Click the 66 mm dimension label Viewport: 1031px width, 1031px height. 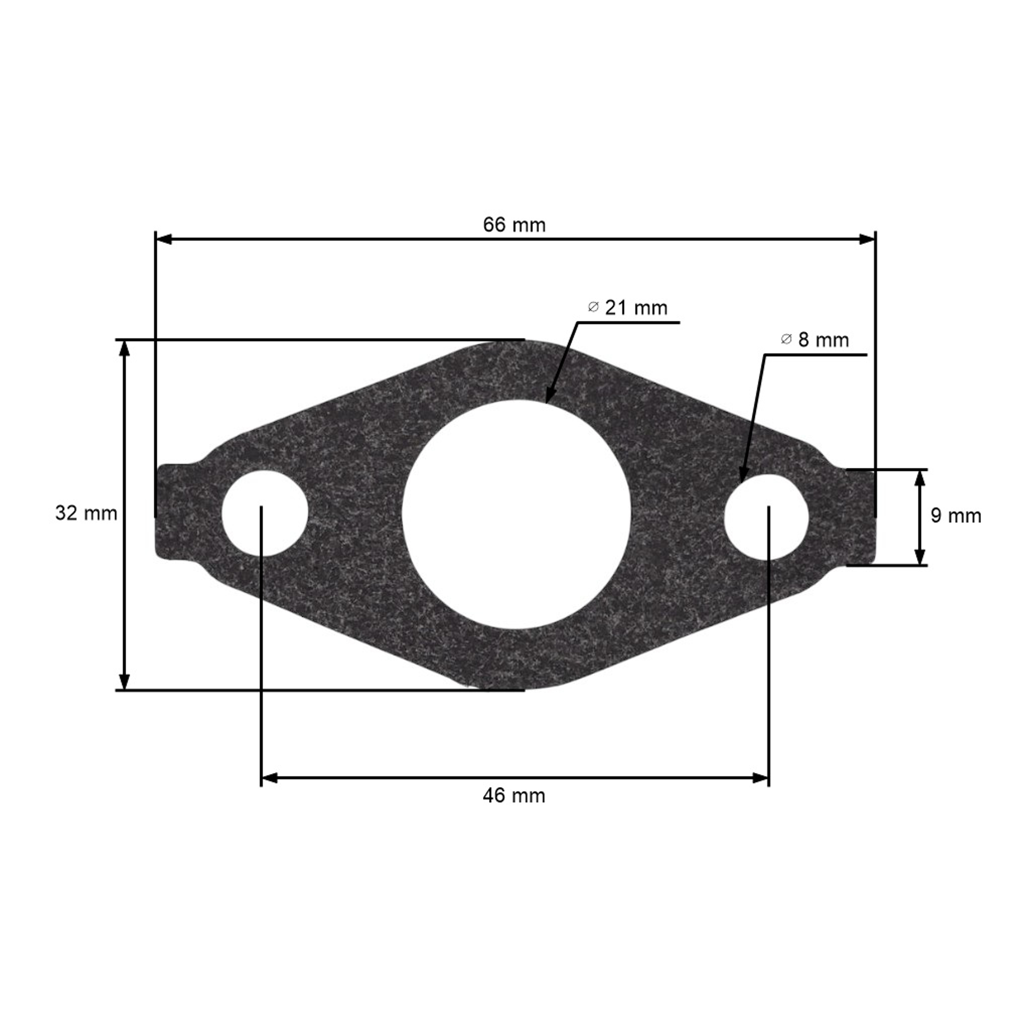point(514,225)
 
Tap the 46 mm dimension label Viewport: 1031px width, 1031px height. point(514,811)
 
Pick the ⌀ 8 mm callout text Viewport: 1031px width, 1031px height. point(814,340)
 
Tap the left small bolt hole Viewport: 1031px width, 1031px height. point(265,513)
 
